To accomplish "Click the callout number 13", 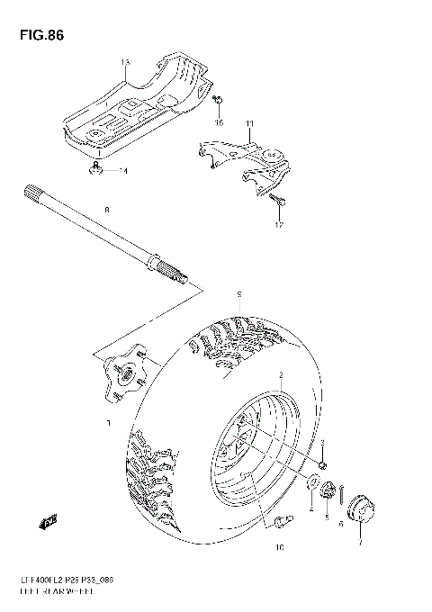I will point(125,61).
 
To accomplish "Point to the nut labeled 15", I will point(219,100).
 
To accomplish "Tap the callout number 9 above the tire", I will point(238,294).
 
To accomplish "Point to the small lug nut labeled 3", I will point(323,463).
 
